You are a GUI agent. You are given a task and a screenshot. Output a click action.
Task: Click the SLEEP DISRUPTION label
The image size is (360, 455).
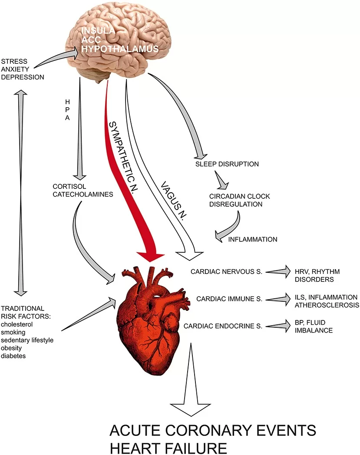click(227, 164)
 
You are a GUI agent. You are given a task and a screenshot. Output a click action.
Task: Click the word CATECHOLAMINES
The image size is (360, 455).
click(83, 195)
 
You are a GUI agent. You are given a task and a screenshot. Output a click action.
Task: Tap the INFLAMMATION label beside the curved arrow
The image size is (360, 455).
click(253, 239)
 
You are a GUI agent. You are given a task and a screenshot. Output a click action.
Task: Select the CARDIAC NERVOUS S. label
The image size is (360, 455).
click(226, 272)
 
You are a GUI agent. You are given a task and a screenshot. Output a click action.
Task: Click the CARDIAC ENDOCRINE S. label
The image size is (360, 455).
click(223, 326)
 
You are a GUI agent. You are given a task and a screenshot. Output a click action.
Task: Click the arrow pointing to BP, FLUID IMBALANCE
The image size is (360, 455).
click(278, 325)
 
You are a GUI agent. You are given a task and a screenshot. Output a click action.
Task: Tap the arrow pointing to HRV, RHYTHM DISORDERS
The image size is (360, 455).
click(278, 272)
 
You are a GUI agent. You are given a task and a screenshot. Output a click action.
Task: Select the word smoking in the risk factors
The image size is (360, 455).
click(13, 332)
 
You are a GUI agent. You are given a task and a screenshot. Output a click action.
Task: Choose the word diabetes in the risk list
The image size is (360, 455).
click(13, 356)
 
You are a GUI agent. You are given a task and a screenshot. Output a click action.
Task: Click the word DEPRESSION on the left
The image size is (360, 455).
click(23, 77)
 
